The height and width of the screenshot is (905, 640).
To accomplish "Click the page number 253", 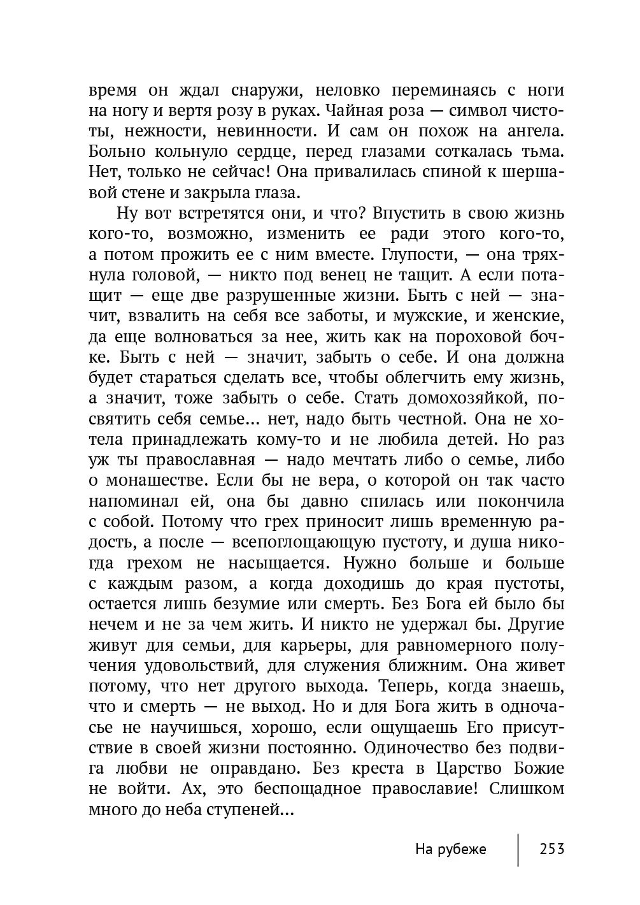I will (x=551, y=849).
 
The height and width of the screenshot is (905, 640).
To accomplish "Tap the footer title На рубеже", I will (x=450, y=849).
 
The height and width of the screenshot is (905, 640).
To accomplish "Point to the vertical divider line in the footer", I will (x=518, y=849).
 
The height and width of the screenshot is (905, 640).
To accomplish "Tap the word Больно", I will (x=117, y=152).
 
